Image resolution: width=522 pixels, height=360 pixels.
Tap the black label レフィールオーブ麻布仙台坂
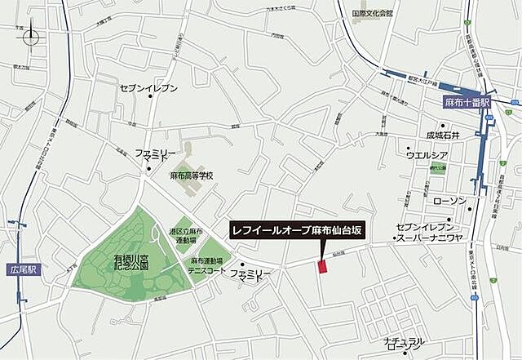tap(298, 231)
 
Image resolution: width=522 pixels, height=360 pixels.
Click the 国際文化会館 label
tap(372, 14)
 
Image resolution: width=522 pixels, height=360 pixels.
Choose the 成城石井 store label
tap(443, 135)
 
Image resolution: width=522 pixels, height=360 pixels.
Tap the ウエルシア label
tap(428, 154)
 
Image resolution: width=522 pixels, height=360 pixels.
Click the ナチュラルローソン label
tap(404, 349)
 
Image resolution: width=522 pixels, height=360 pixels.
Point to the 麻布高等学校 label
tap(191, 176)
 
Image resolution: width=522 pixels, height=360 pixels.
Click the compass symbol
tap(30, 37)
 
